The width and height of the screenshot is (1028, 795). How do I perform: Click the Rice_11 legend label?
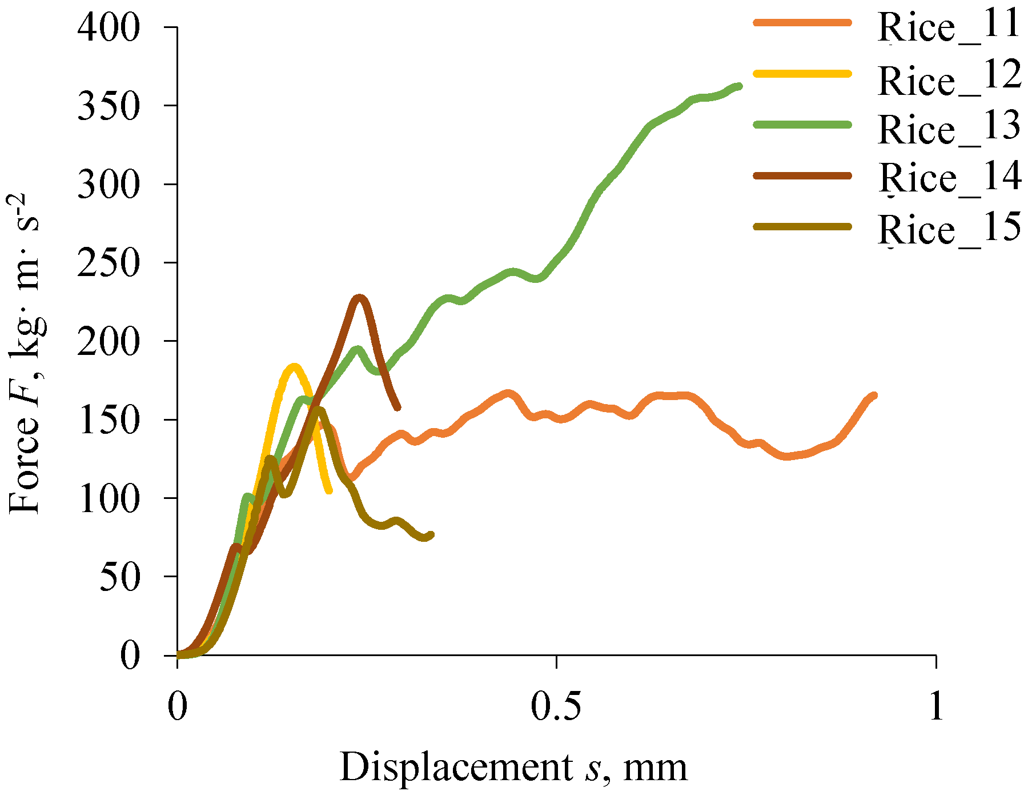tap(949, 26)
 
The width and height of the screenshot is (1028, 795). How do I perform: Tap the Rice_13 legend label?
tap(949, 128)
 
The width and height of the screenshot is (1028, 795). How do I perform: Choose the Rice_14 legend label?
tap(949, 178)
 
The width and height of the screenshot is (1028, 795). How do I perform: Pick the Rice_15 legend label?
tap(949, 228)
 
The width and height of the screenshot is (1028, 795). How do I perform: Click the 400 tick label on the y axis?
tap(109, 27)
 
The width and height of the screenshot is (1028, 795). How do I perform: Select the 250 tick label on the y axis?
tap(109, 263)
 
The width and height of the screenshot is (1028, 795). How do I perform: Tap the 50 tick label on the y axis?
tap(120, 577)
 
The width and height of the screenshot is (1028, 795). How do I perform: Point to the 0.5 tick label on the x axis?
tap(556, 706)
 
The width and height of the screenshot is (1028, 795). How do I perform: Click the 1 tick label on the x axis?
tap(935, 706)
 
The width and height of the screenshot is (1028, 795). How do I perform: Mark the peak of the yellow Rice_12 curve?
tap(294, 366)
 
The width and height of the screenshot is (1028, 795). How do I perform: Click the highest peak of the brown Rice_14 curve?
tap(359, 297)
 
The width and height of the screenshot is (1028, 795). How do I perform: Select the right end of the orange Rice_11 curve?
tap(874, 395)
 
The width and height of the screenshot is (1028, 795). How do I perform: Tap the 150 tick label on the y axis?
tap(109, 420)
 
